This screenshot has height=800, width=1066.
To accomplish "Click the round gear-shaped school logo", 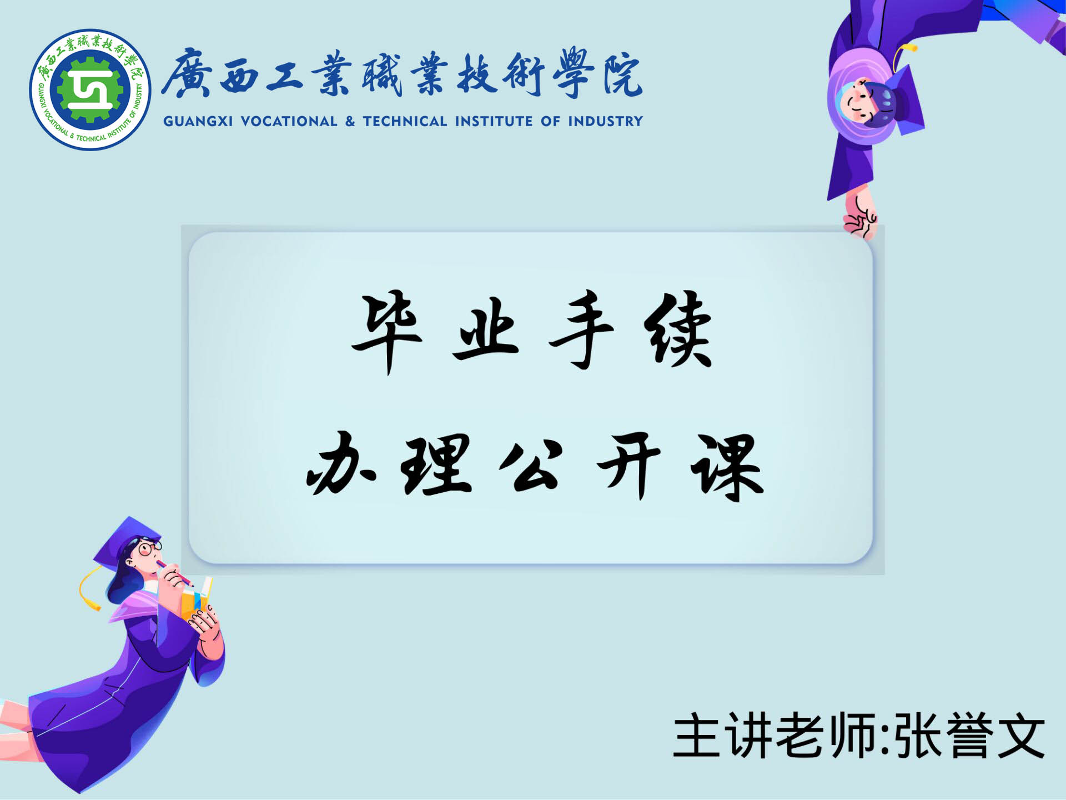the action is (x=90, y=89).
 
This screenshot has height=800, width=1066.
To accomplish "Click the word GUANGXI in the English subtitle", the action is (x=198, y=121).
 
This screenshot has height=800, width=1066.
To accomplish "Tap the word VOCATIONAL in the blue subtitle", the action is (x=289, y=121).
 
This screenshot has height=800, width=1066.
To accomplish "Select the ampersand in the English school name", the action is (x=350, y=121).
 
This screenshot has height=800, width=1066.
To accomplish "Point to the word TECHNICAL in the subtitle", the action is (x=405, y=121).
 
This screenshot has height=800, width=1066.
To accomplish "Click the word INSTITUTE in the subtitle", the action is (x=494, y=121).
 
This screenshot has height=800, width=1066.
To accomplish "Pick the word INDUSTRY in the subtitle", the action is (x=605, y=121).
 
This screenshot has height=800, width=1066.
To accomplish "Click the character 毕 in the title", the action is (x=387, y=332).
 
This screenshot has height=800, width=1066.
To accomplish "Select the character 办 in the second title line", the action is (x=341, y=464).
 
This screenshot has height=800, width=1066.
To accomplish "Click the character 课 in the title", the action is (x=727, y=467).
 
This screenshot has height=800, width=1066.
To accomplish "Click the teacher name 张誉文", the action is (x=971, y=736).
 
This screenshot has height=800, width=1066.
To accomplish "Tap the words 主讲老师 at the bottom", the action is (x=775, y=736).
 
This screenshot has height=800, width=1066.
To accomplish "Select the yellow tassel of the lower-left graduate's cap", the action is (x=89, y=589).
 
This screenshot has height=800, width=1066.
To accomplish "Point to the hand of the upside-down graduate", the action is (x=859, y=217).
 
